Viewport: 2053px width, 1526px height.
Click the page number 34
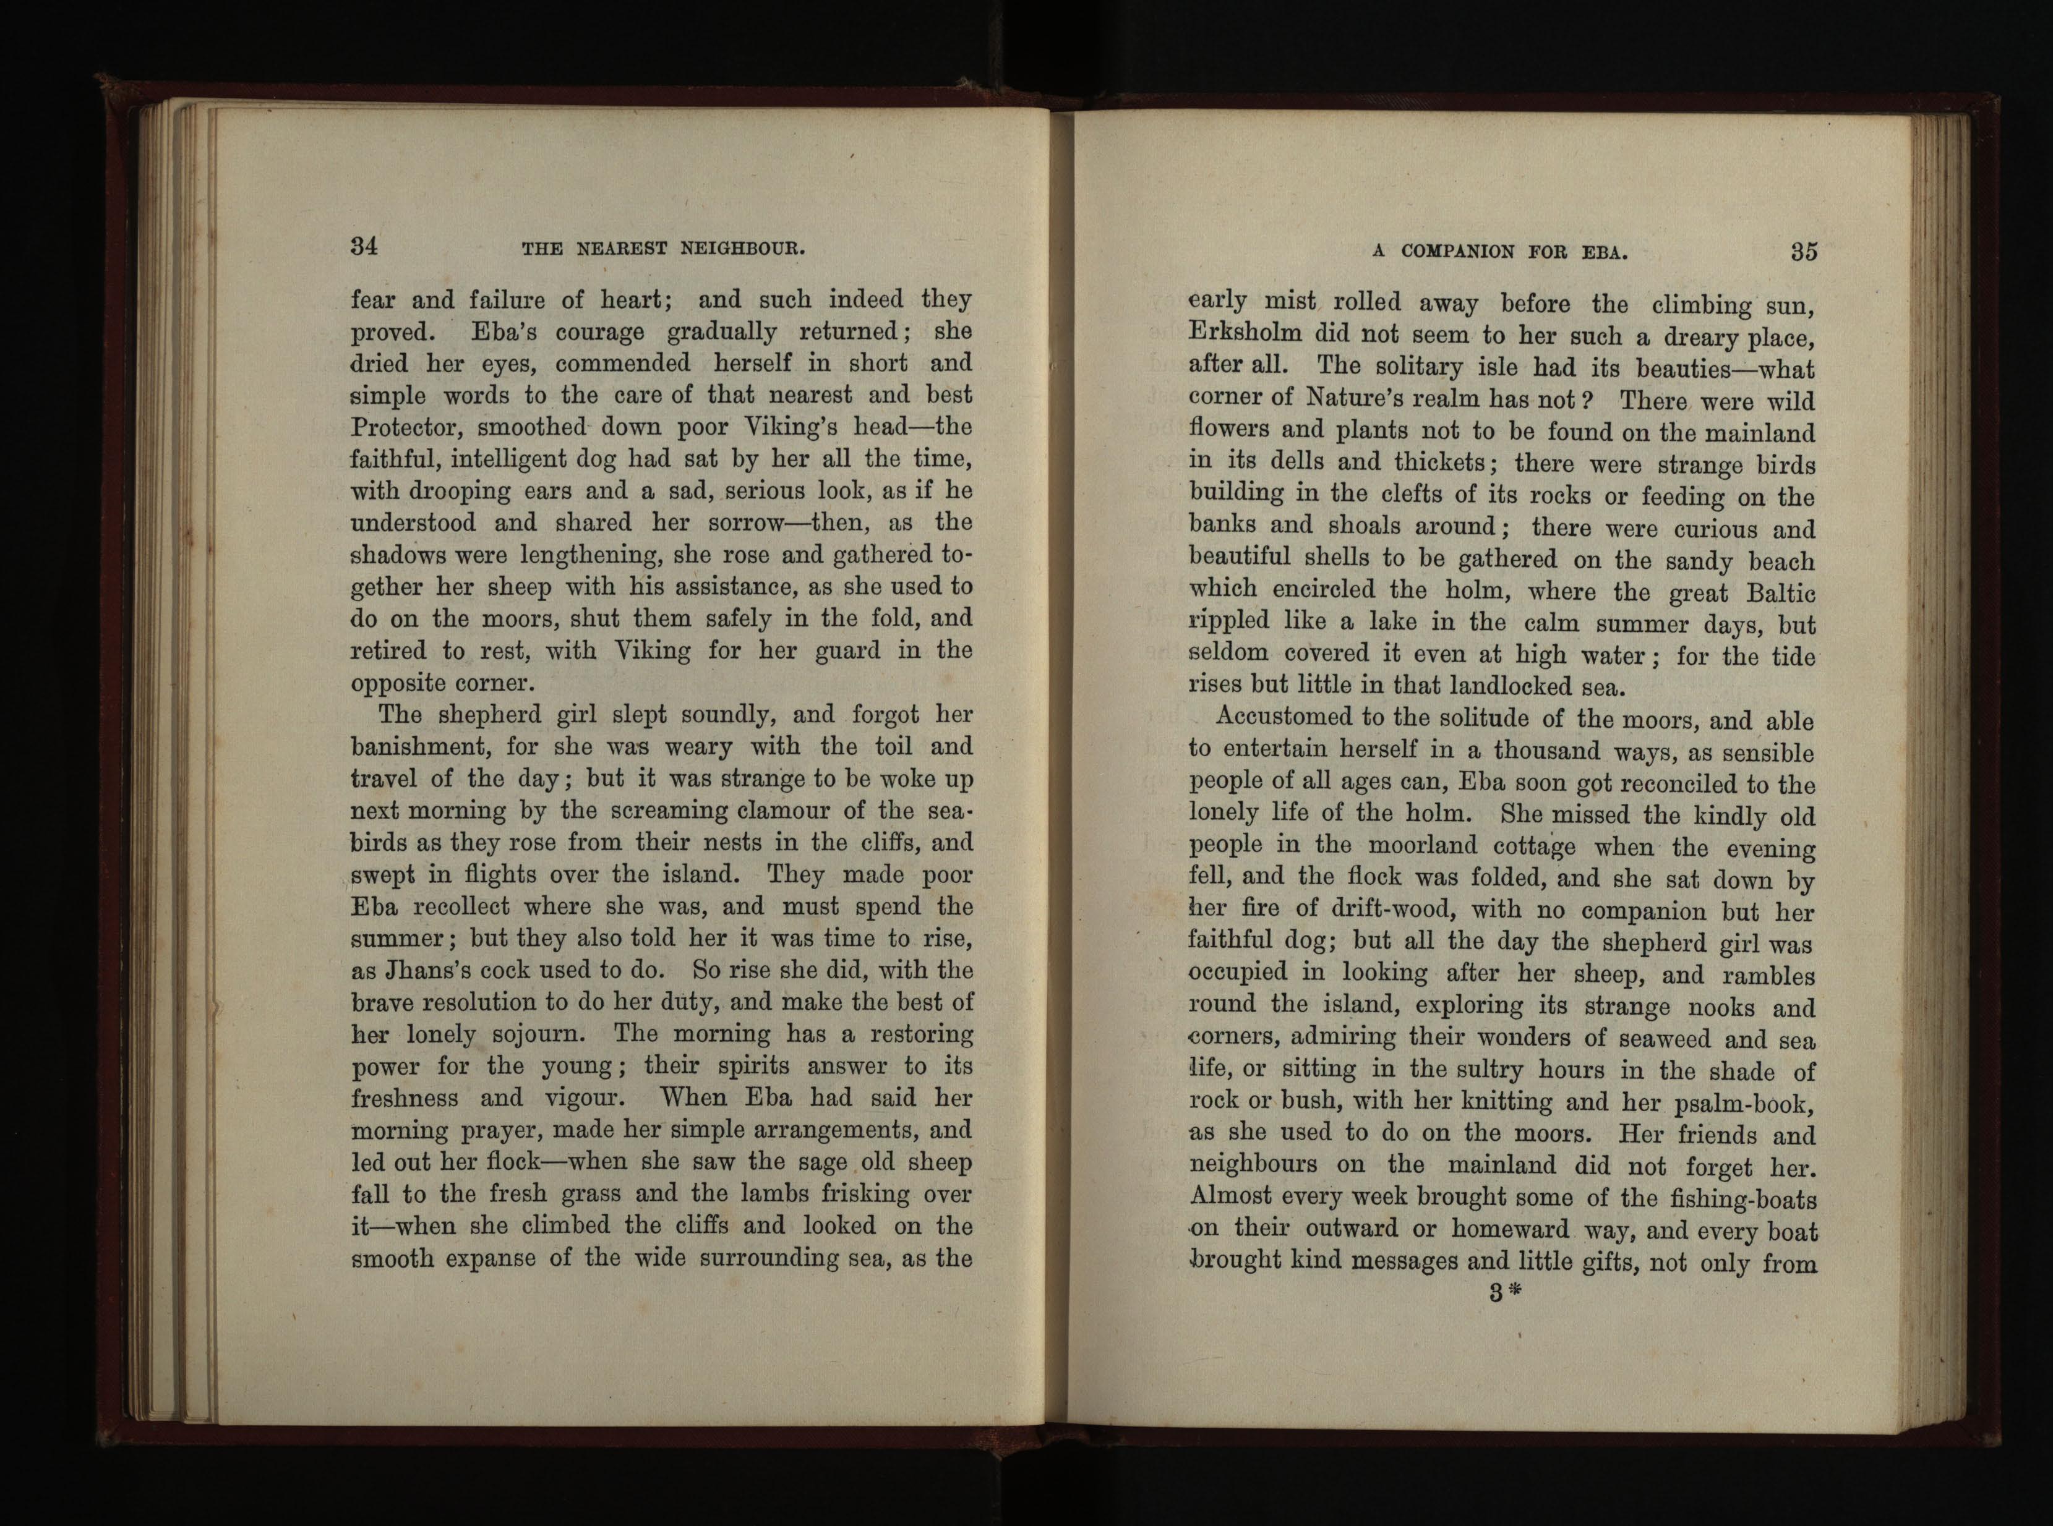tap(364, 247)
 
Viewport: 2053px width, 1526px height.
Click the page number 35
tap(1804, 251)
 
